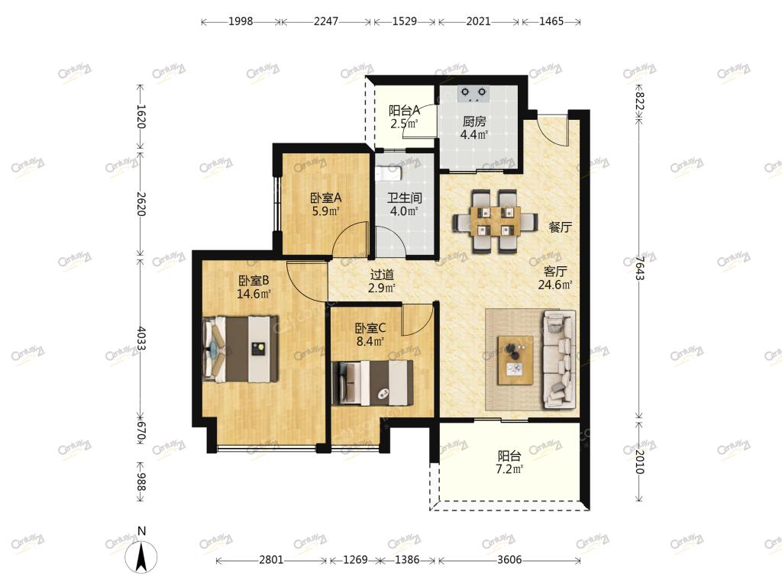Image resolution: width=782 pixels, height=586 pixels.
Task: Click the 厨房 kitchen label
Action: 473,121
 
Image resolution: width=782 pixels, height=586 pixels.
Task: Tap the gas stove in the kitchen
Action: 473,94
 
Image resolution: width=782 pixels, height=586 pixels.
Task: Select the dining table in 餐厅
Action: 495,220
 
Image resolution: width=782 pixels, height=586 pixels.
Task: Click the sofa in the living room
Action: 558,359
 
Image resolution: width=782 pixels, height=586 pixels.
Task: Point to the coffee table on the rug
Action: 515,360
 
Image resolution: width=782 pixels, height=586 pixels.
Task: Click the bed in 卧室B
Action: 241,349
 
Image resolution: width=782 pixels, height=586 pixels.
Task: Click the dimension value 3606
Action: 509,560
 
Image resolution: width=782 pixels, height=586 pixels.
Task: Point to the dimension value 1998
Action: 241,21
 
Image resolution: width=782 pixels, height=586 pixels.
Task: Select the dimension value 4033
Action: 141,340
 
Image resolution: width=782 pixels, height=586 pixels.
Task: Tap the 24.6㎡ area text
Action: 555,285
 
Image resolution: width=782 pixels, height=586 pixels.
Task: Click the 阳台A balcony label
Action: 404,110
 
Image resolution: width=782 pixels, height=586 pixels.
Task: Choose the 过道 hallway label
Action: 382,275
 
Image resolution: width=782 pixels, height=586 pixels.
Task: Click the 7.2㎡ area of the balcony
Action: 509,469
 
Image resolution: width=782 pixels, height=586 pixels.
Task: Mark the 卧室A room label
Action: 325,198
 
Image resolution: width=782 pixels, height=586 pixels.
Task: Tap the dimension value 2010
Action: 640,462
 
